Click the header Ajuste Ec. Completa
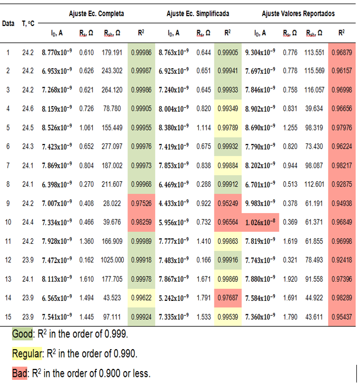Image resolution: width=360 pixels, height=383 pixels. pos(96,13)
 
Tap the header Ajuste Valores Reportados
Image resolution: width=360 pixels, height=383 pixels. pos(298,13)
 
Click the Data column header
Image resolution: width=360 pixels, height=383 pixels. pos(8,24)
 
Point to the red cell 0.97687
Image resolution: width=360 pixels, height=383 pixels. pos(227,298)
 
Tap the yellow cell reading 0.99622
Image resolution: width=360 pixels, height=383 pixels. pos(142,298)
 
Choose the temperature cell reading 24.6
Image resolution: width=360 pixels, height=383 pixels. pos(28,109)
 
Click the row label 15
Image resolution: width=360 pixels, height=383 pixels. pos(8,316)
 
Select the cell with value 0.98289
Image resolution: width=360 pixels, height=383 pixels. pos(341,298)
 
